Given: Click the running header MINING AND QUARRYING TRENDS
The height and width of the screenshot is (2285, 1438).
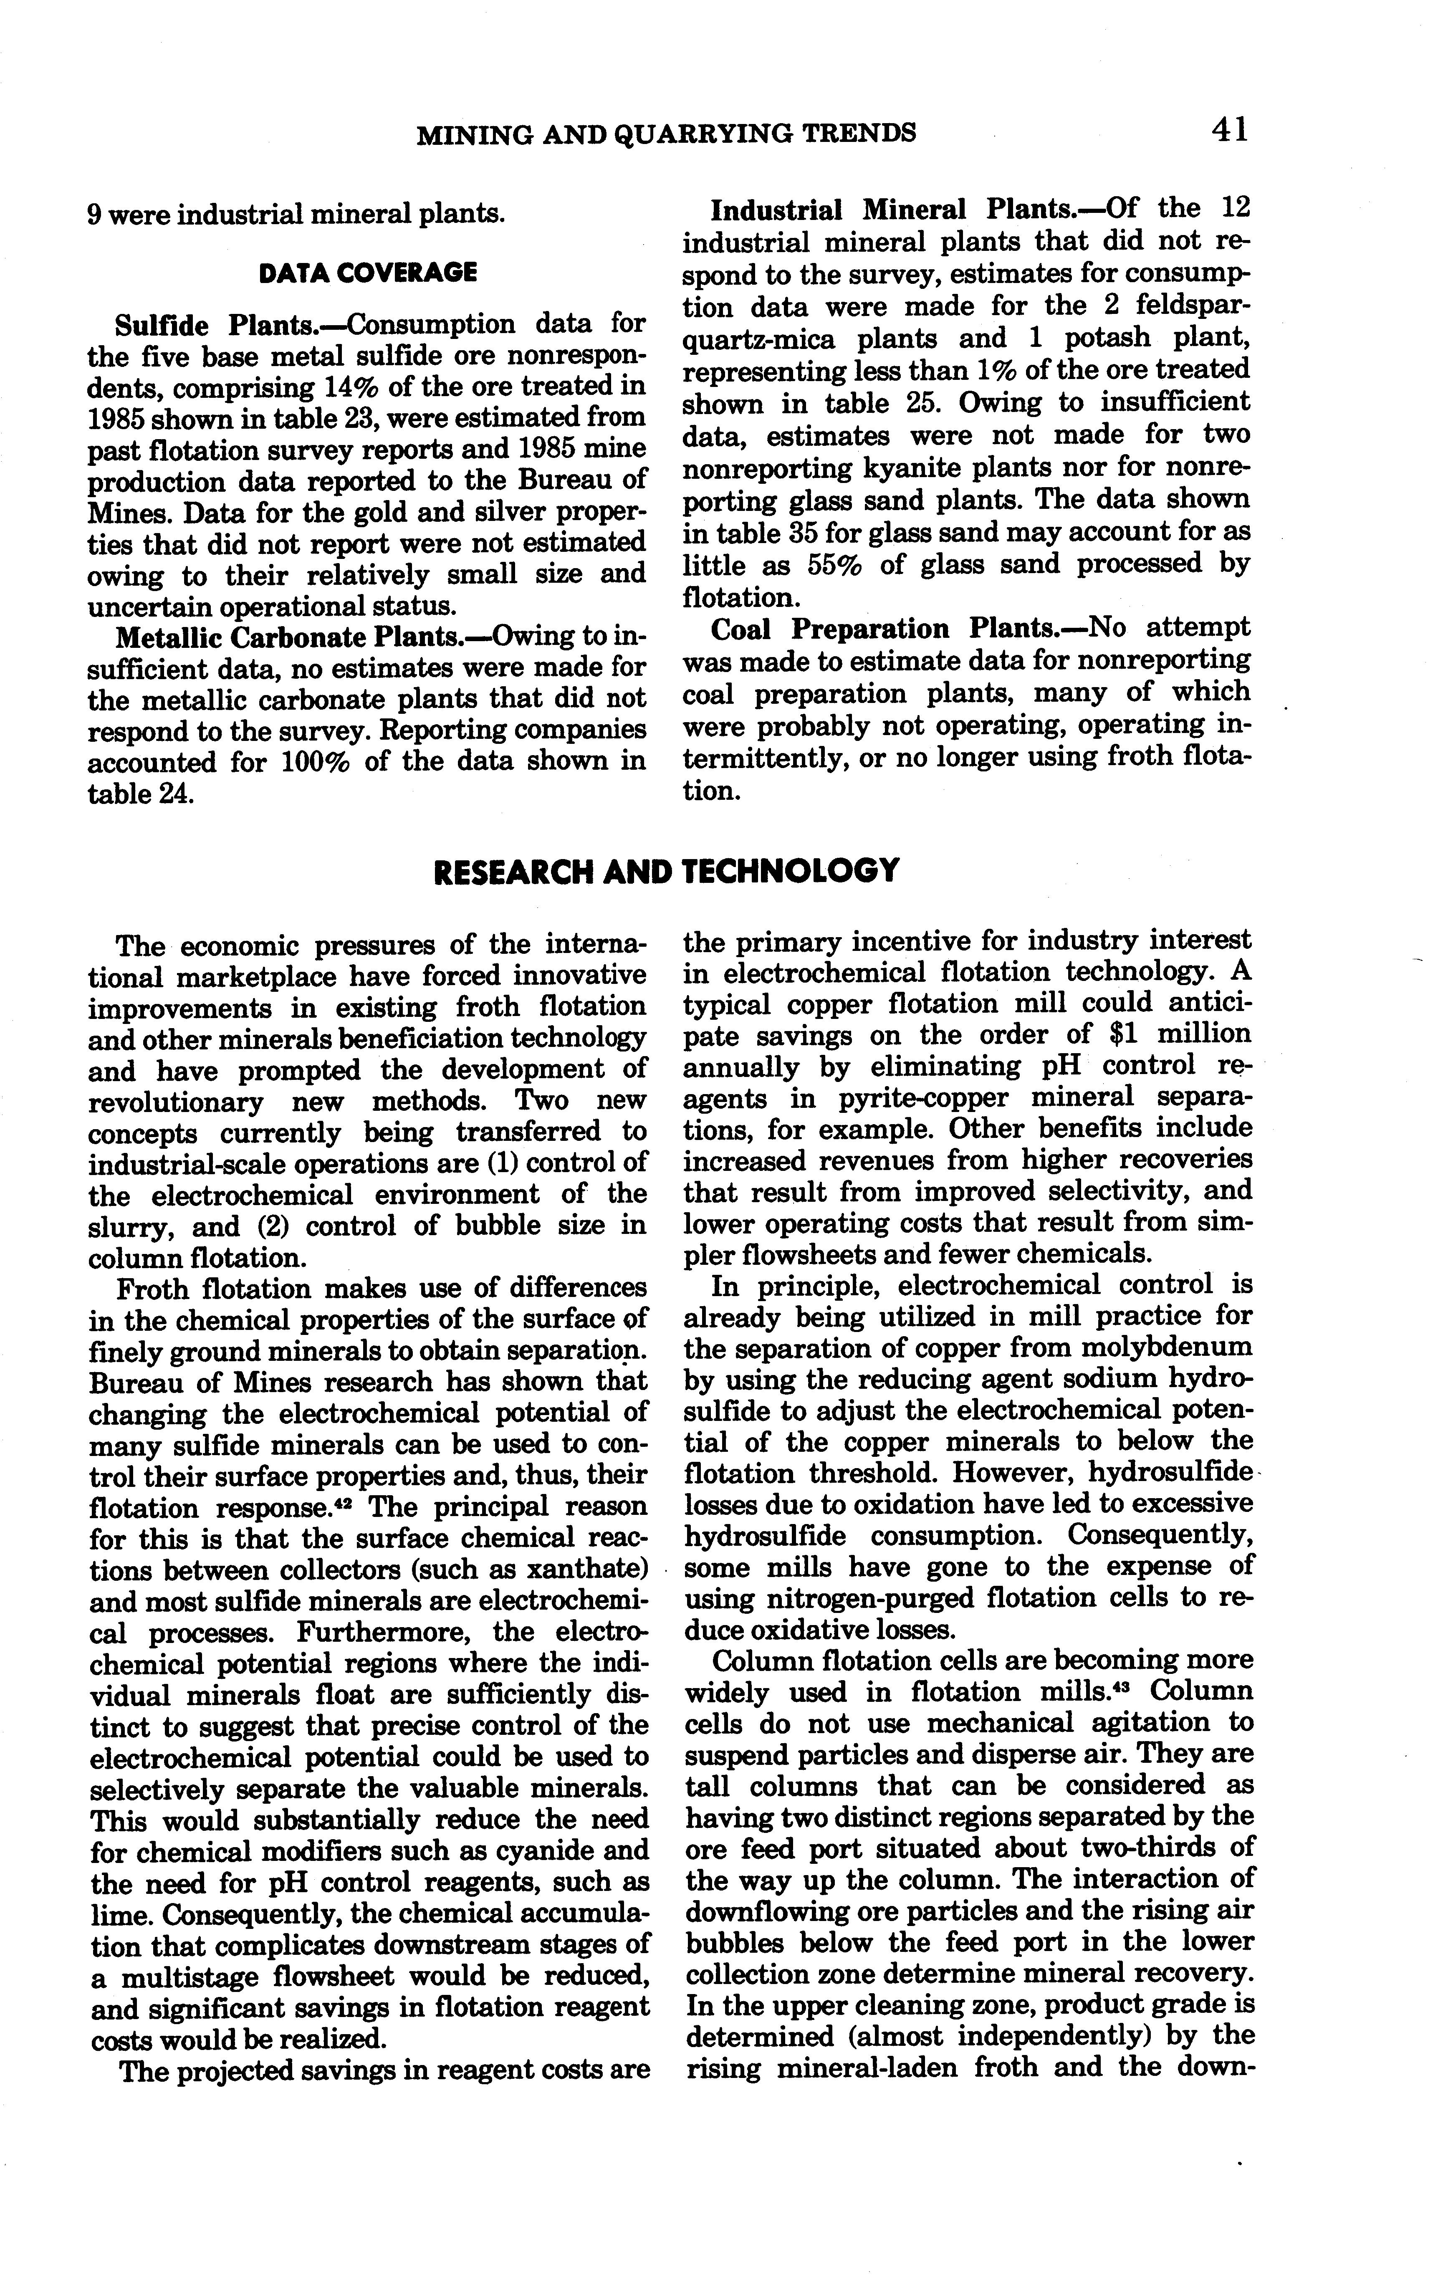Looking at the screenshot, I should (x=666, y=133).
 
